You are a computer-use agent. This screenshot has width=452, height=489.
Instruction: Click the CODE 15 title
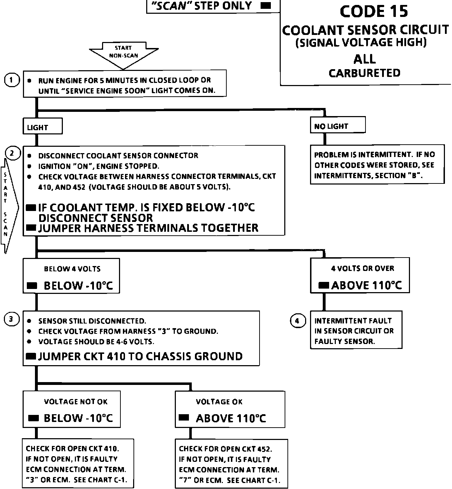[374, 11]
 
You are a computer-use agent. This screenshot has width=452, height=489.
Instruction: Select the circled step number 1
[12, 80]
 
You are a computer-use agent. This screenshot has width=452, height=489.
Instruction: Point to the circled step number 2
[12, 153]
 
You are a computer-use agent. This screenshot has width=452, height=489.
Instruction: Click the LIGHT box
[43, 126]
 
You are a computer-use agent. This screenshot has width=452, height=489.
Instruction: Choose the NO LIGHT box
[338, 125]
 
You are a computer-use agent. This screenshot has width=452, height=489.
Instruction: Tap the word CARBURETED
[364, 73]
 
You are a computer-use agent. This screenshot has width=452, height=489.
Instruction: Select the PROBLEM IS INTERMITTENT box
[377, 164]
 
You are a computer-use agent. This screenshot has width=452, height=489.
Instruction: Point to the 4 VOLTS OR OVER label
[362, 268]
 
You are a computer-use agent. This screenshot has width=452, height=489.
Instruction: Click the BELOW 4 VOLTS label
[72, 269]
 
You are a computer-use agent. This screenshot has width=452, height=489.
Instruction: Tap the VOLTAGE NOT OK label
[76, 402]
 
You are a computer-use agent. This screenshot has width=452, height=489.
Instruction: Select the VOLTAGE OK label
[219, 402]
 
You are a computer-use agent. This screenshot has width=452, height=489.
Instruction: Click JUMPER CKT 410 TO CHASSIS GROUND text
[140, 356]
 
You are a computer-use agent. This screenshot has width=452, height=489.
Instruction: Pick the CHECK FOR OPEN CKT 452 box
[231, 464]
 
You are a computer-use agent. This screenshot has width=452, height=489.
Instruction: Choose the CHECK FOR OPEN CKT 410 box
[78, 463]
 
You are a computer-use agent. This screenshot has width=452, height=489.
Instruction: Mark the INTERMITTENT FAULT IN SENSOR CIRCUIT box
[356, 331]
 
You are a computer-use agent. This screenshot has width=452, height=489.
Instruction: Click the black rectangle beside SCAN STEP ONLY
[266, 6]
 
